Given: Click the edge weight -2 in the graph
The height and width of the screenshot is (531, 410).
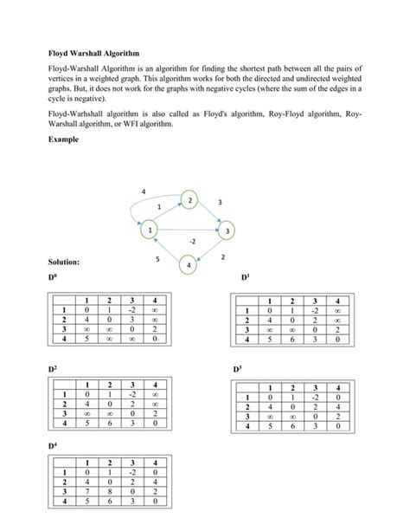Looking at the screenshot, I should (x=193, y=240).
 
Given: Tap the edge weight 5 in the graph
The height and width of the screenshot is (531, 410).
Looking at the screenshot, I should (x=157, y=259).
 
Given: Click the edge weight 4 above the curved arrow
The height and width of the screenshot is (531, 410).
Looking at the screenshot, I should (x=144, y=190).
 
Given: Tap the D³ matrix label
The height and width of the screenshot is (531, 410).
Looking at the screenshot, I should (x=239, y=368).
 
